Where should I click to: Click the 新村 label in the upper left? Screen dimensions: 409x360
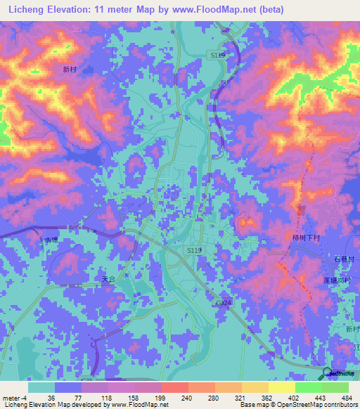[69, 70]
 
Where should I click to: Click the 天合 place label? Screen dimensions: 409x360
[106, 279]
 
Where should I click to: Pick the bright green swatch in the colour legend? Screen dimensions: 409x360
[308, 387]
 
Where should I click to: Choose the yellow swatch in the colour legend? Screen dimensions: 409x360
[281, 387]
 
